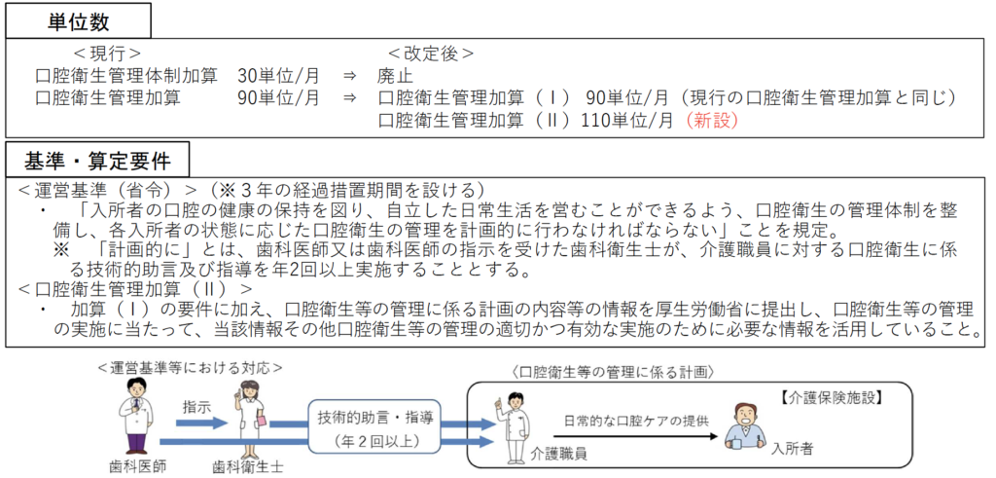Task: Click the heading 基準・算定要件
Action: click(93, 158)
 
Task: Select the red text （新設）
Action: click(712, 120)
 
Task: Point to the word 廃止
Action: click(395, 75)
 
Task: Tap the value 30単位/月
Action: click(278, 75)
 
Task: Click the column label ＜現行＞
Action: click(107, 53)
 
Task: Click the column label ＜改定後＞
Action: click(431, 53)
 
